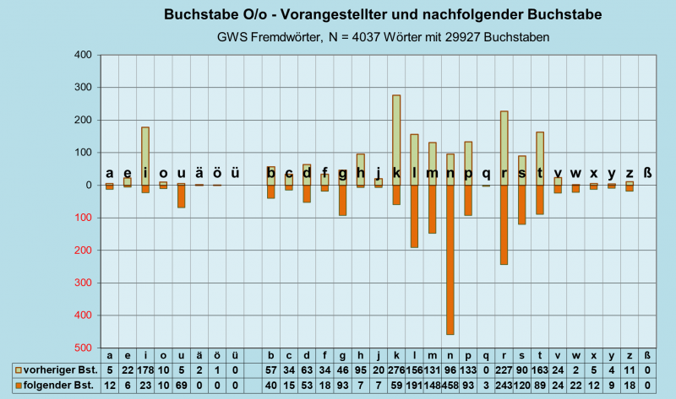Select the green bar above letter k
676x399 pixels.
[396, 139]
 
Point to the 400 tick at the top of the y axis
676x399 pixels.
[81, 55]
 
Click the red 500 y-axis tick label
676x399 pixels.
[81, 348]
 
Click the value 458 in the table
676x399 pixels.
[450, 385]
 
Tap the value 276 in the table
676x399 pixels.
[396, 369]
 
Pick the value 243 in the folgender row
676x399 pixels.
[504, 385]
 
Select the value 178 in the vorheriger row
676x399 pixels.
[145, 369]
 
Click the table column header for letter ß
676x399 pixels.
[647, 355]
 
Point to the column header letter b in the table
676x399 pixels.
[271, 355]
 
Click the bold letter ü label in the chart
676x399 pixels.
[235, 173]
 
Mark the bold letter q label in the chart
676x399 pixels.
[486, 173]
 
